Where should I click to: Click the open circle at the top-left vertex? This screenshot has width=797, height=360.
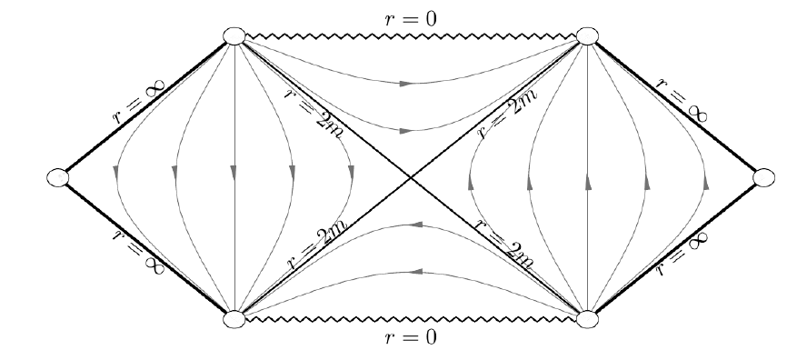(234, 37)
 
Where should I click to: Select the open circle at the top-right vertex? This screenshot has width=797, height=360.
(588, 37)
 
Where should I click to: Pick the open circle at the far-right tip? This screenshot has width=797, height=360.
(762, 177)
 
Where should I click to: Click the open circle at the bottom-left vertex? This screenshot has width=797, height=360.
(234, 318)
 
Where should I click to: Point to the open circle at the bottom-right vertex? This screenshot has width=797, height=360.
(588, 318)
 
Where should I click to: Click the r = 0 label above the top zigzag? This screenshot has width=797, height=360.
(411, 17)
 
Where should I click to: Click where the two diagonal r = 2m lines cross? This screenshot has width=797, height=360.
(411, 177)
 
